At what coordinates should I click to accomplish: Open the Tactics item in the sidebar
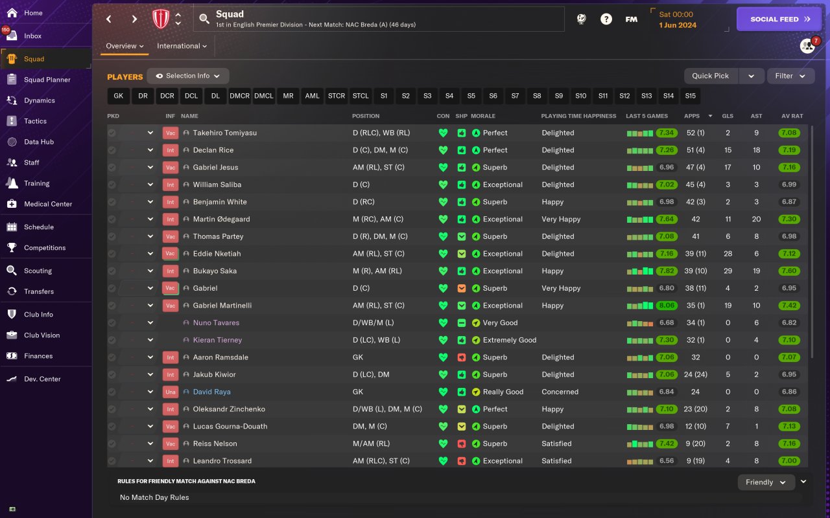(35, 121)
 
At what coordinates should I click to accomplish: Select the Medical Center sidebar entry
(47, 204)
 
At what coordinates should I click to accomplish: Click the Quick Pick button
(710, 76)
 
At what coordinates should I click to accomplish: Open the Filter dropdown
(790, 76)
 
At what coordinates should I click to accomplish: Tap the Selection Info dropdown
(187, 76)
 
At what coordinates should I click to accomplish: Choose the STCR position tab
(337, 96)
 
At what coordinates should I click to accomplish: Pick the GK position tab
(118, 96)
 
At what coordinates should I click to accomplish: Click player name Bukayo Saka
(215, 271)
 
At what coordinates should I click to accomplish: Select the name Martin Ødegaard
(221, 219)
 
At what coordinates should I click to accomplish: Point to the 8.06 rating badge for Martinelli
(666, 306)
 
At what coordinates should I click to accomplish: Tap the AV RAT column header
(792, 116)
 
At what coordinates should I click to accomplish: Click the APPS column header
(692, 116)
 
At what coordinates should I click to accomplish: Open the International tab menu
(182, 46)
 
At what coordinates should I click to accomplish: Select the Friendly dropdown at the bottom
(766, 482)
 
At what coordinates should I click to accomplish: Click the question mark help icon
(606, 19)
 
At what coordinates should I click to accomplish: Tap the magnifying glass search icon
(204, 19)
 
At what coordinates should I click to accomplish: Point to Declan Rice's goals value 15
(728, 150)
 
